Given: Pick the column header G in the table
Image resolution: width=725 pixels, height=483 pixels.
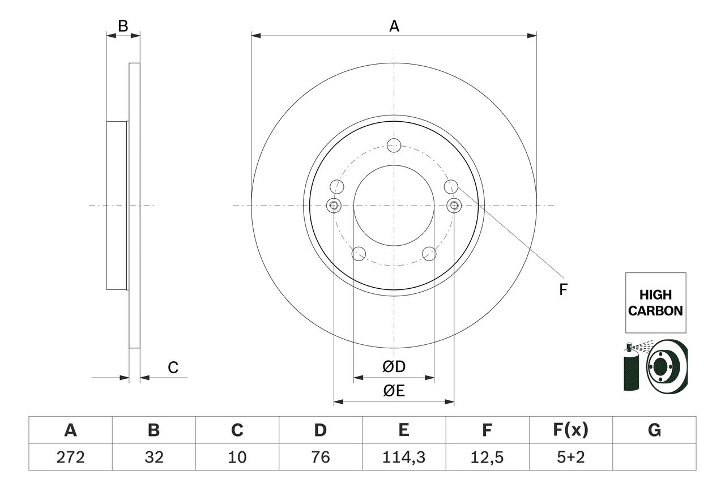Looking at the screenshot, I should tap(654, 430).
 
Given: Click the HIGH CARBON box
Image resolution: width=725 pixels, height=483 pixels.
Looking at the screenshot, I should tap(655, 302).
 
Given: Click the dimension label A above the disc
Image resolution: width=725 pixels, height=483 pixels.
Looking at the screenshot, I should tap(394, 26).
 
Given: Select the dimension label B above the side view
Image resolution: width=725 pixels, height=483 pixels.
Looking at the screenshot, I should tap(123, 25).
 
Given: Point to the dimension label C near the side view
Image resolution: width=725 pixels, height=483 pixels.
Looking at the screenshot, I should tap(173, 367).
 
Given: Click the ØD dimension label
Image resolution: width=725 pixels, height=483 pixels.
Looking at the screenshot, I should tap(394, 367).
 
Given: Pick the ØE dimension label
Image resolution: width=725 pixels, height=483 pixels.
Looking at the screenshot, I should tap(394, 391).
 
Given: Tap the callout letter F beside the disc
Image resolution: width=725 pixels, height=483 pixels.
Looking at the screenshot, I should tap(562, 290).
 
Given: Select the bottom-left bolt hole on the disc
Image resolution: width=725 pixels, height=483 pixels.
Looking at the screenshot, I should tap(359, 254).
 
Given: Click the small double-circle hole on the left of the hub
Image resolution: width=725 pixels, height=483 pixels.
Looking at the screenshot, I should tap(334, 205).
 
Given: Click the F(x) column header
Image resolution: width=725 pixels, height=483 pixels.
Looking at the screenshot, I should tap(570, 430).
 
